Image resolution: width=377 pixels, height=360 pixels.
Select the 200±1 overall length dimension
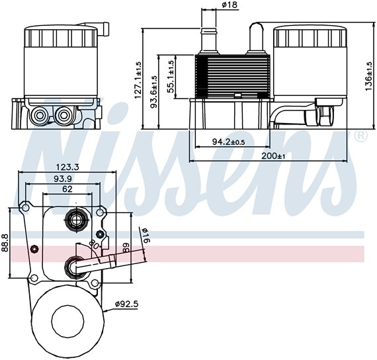pos(271,156)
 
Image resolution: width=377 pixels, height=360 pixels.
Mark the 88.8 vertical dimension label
pos(5,244)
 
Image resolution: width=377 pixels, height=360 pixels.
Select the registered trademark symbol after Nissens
pos(360,136)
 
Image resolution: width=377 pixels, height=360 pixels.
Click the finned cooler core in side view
pos(231,75)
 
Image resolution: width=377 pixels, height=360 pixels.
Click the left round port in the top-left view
pos(40,116)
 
